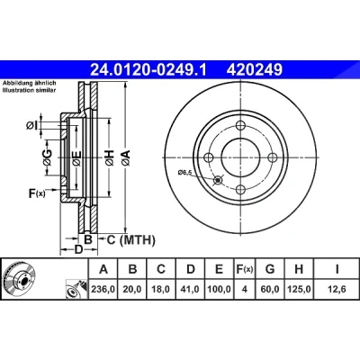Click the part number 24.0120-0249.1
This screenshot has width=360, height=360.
coord(148,70)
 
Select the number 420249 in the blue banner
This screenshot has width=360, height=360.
coord(255,70)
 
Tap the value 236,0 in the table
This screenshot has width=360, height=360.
coord(103,289)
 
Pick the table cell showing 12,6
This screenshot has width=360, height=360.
coord(337,289)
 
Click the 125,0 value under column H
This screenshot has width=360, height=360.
coord(299,289)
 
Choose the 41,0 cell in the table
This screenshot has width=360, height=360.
coord(190,289)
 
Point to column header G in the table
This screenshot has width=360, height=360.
coord(270,269)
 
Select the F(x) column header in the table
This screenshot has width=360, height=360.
coord(245,269)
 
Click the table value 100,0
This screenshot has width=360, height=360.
coord(219,289)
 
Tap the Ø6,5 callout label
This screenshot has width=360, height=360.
coord(184,172)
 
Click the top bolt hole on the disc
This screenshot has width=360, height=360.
coord(240,125)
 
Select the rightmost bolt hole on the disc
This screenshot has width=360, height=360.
coord(273,157)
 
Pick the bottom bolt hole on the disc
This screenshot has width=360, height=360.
coord(240,190)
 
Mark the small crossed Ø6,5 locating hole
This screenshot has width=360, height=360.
coord(218,180)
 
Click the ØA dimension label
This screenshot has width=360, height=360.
coord(126,157)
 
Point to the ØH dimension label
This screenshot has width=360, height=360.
coord(110,157)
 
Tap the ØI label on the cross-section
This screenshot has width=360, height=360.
coord(31,126)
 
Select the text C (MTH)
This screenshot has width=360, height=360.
coord(131,240)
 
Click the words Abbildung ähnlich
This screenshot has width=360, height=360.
coord(30,84)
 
